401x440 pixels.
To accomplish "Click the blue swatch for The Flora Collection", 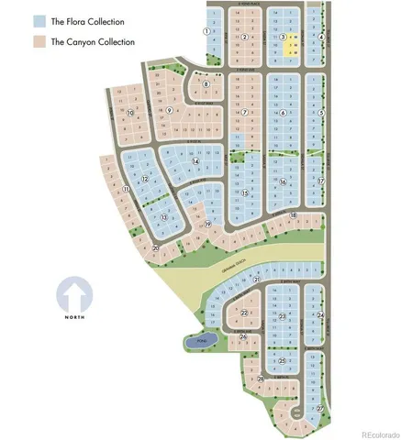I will (39, 20).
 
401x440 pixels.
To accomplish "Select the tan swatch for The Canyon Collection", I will (39, 41).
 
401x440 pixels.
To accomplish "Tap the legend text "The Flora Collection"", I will (87, 20).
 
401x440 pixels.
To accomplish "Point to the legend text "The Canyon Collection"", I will (93, 41).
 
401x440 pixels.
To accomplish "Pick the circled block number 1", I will (206, 30).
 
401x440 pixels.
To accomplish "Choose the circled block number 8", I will (206, 83).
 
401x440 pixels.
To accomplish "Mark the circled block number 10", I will (130, 113).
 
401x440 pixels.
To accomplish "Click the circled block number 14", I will (195, 161).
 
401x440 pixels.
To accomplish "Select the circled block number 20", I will (156, 247).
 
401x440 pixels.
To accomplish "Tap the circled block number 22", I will (243, 313).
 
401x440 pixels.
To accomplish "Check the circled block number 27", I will (320, 409).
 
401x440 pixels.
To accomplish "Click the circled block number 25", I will (282, 361).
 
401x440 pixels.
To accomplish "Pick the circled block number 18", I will (293, 214).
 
